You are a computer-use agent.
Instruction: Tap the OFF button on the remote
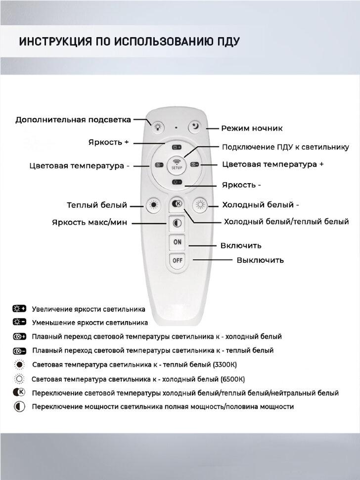point(177,260)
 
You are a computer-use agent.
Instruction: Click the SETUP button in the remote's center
point(177,164)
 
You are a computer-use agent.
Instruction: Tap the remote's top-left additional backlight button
point(157,127)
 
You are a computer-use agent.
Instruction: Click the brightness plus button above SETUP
point(177,147)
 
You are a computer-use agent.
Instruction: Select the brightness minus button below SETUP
point(177,183)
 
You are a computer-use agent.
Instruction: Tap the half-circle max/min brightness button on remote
point(177,224)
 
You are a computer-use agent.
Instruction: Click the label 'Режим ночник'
point(252,128)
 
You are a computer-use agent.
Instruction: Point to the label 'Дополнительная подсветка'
point(73,120)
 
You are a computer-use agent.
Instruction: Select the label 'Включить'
point(241,245)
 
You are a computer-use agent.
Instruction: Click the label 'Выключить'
point(260,260)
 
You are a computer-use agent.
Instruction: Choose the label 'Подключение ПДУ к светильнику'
point(285,147)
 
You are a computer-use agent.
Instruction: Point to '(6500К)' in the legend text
point(231,379)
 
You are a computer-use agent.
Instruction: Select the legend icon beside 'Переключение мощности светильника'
point(19,407)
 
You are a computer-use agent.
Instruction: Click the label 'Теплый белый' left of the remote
point(97,205)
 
